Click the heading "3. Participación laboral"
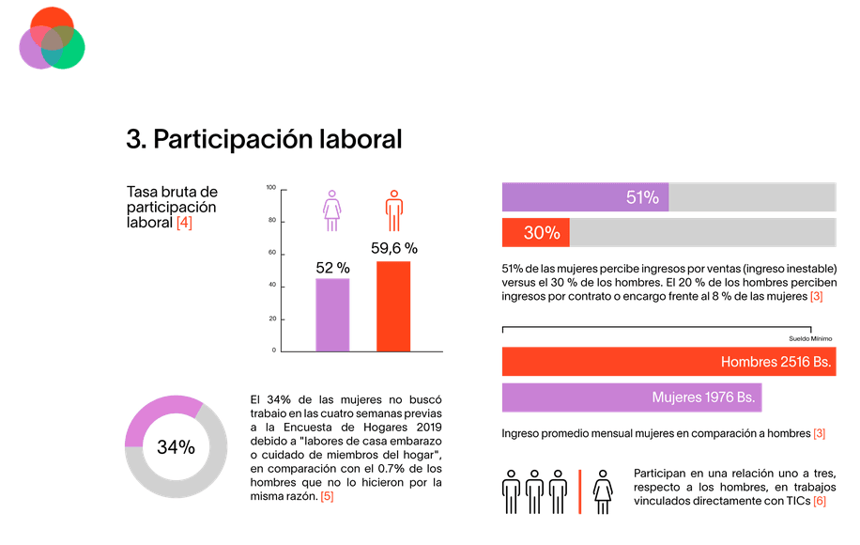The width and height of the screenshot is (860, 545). (264, 139)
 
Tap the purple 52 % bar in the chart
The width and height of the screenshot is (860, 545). (332, 315)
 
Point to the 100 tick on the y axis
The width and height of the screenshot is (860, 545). (270, 188)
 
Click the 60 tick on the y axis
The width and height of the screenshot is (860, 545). (271, 254)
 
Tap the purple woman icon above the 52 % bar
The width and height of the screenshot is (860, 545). (331, 210)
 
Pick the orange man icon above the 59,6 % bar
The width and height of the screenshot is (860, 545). (394, 210)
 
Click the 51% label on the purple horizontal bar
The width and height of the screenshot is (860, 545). (642, 197)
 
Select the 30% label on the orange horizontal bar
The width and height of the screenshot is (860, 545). (542, 232)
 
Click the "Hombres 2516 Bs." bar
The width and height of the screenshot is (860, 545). (668, 362)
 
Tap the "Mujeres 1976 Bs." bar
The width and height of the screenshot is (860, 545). (631, 397)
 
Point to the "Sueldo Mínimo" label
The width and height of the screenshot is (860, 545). (810, 338)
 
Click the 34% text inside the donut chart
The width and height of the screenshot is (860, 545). (176, 447)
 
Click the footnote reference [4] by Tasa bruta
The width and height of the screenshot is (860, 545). (184, 223)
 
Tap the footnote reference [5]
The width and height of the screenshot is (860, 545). (326, 495)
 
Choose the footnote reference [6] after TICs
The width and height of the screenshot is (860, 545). (819, 503)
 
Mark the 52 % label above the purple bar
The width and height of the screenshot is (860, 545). (332, 268)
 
